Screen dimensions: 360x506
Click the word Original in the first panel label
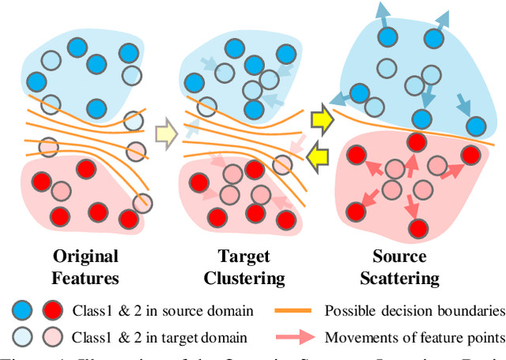85,256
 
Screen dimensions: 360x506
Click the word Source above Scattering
399,256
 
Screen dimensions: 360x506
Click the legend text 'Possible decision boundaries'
413,310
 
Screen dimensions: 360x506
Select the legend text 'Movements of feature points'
413,338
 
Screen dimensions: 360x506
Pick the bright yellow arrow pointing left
319,155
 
